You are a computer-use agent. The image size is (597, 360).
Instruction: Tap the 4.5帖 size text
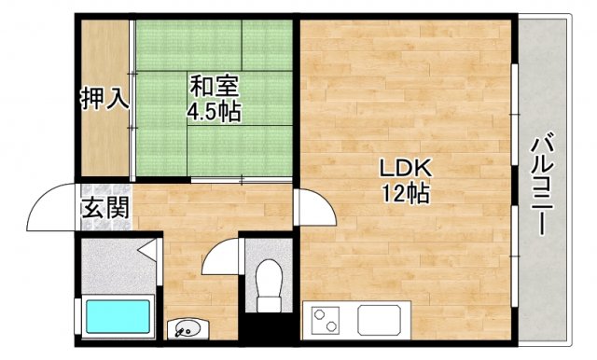[x=214, y=112]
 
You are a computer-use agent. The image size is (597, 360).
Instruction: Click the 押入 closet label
[x=104, y=97]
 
